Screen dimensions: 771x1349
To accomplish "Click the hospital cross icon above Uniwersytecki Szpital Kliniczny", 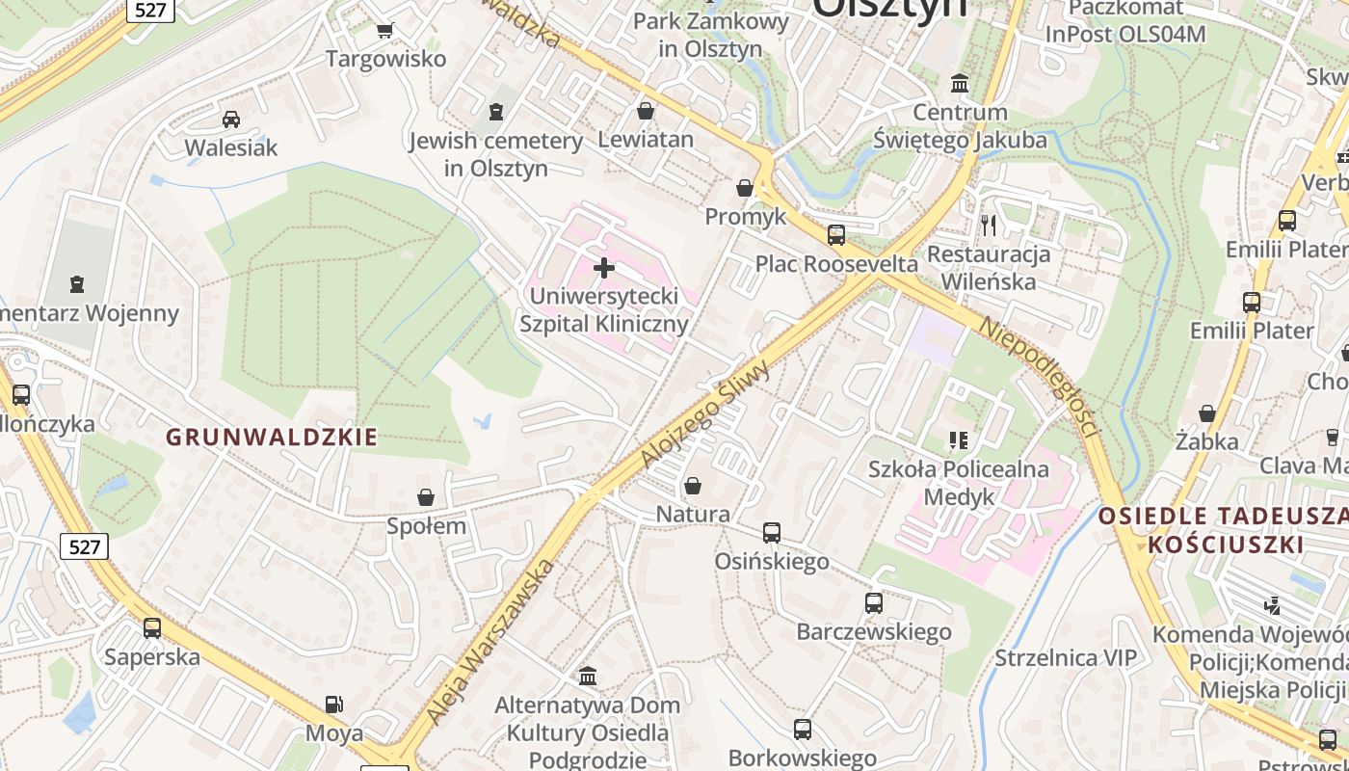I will pyautogui.click(x=604, y=267).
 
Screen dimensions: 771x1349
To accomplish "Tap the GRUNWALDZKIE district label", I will pyautogui.click(x=272, y=438).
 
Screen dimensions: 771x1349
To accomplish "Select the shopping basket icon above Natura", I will pyautogui.click(x=692, y=486).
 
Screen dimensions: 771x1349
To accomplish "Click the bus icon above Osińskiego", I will pyautogui.click(x=771, y=532).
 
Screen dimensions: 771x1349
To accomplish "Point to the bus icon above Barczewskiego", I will pyautogui.click(x=873, y=603).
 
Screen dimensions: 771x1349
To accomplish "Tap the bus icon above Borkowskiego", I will pyautogui.click(x=802, y=730).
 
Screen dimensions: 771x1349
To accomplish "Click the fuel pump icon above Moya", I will pyautogui.click(x=333, y=705).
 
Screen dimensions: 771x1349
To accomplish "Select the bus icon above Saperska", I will pyautogui.click(x=152, y=628).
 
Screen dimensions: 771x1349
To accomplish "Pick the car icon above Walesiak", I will pyautogui.click(x=231, y=119).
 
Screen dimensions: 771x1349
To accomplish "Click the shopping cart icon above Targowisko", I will pyautogui.click(x=385, y=30).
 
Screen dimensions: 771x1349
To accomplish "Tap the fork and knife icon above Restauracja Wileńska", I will pyautogui.click(x=988, y=226).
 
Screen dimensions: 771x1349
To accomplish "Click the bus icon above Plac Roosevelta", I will pyautogui.click(x=836, y=234).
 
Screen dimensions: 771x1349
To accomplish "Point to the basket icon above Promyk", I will pyautogui.click(x=745, y=187).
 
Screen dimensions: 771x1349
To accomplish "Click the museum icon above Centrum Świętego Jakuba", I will pyautogui.click(x=960, y=83).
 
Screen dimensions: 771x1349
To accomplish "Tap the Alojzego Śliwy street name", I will pyautogui.click(x=706, y=413).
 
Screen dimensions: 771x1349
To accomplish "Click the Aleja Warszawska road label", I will pyautogui.click(x=490, y=642).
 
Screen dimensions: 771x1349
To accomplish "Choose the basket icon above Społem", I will pyautogui.click(x=426, y=497).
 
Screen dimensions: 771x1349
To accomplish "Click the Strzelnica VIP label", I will pyautogui.click(x=1066, y=658).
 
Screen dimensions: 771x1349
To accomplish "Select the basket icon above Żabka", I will pyautogui.click(x=1206, y=413).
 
